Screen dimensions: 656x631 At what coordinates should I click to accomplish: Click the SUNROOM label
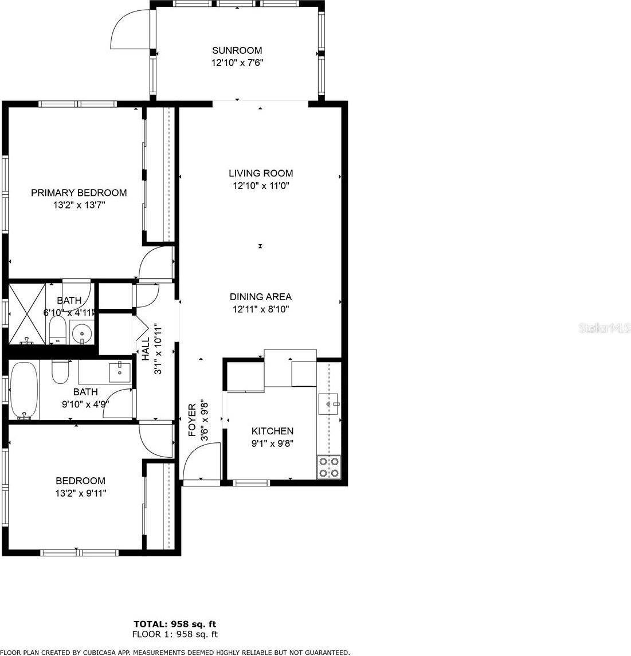pyautogui.click(x=237, y=50)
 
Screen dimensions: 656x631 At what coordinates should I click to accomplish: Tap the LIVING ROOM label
pyautogui.click(x=261, y=173)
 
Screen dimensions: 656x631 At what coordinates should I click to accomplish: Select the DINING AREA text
pyautogui.click(x=261, y=297)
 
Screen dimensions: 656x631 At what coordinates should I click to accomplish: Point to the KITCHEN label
pyautogui.click(x=273, y=431)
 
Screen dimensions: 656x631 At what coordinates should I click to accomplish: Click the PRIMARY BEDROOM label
pyautogui.click(x=79, y=193)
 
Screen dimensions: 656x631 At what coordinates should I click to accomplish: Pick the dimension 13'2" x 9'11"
pyautogui.click(x=80, y=493)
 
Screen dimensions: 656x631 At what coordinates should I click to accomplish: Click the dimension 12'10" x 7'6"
pyautogui.click(x=237, y=63)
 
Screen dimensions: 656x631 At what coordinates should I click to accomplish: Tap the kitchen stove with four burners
pyautogui.click(x=329, y=467)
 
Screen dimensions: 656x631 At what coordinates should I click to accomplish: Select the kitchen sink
pyautogui.click(x=330, y=403)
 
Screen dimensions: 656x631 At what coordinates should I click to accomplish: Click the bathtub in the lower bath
pyautogui.click(x=24, y=391)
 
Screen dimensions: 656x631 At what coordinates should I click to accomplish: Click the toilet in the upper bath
pyautogui.click(x=57, y=329)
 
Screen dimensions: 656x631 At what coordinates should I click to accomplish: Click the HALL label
pyautogui.click(x=146, y=349)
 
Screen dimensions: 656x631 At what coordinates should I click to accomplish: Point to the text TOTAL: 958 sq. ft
pyautogui.click(x=175, y=624)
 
